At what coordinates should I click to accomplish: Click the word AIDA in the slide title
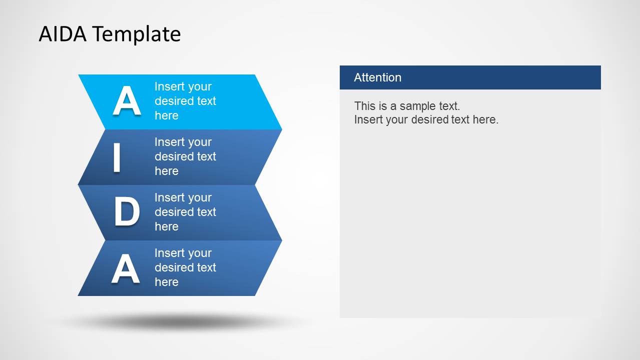(63, 34)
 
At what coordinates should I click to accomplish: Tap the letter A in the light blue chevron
(127, 101)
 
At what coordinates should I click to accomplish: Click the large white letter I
(117, 157)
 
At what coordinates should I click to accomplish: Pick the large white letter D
(127, 212)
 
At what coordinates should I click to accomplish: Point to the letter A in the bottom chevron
(126, 268)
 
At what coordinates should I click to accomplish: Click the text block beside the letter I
(185, 156)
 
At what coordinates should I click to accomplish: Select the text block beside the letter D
(185, 212)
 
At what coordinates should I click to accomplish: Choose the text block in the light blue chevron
(185, 101)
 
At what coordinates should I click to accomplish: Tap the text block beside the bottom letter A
(185, 267)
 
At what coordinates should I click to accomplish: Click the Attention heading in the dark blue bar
(377, 77)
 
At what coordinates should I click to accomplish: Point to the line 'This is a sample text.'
(407, 106)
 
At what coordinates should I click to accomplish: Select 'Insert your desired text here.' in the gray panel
(426, 119)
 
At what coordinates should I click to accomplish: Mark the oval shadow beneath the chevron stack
(180, 322)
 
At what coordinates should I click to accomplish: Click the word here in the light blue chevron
(166, 115)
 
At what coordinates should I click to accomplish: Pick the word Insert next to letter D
(169, 197)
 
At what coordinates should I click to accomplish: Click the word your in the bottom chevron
(199, 253)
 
